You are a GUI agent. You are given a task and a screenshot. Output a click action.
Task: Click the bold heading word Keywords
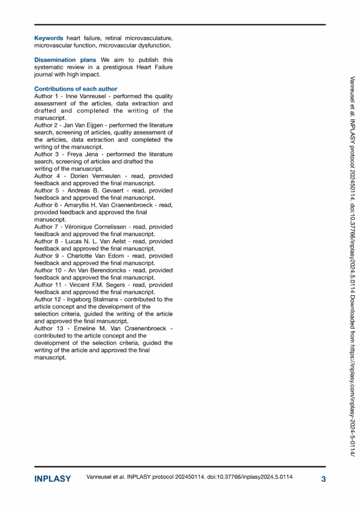[49, 38]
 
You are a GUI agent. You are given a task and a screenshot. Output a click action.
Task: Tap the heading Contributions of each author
[75, 89]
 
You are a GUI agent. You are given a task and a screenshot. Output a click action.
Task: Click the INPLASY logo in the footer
[52, 479]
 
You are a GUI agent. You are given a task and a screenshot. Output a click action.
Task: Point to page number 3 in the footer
[323, 479]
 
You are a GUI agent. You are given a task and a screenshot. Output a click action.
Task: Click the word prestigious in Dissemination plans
[105, 67]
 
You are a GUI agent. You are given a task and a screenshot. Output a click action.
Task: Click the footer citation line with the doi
[189, 478]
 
